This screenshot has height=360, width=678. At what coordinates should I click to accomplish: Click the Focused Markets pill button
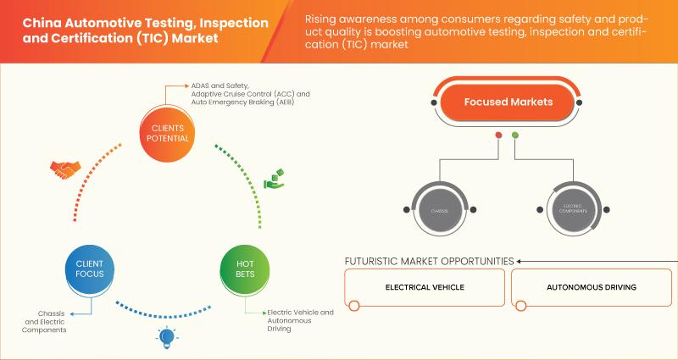click(508, 102)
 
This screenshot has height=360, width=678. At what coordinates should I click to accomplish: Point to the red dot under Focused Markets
click(498, 136)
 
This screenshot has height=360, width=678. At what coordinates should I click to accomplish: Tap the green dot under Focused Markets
click(515, 136)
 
